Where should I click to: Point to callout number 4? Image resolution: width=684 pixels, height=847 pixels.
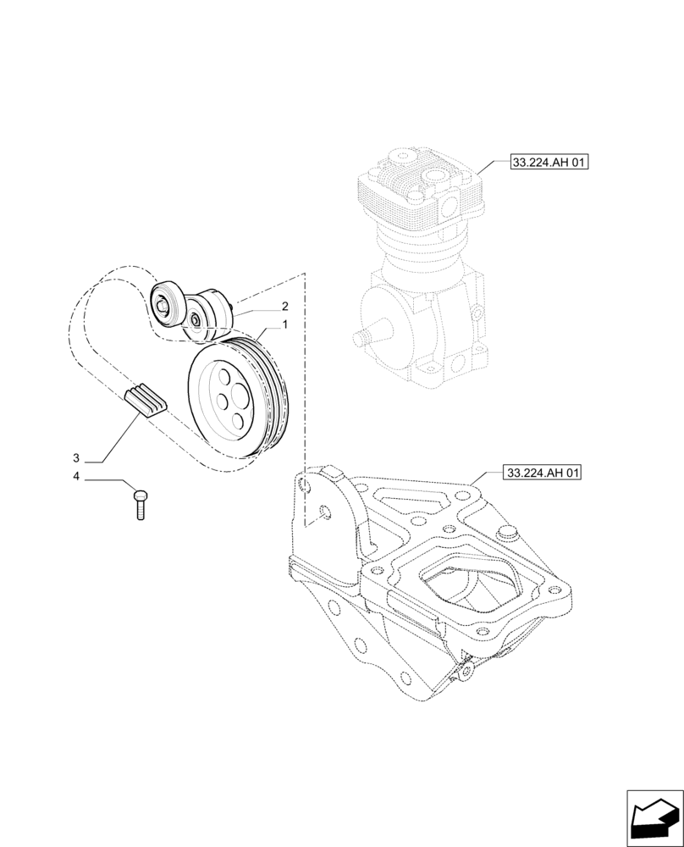76,477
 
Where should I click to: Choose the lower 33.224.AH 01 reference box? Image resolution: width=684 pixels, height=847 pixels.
543,473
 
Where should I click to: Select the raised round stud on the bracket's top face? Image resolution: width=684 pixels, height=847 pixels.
508,532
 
